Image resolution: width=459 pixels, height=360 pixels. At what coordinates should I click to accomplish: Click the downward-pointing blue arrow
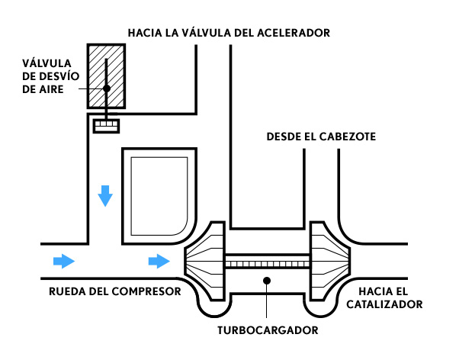click(105, 196)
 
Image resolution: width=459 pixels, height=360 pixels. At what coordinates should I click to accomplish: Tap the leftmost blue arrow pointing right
click(64, 261)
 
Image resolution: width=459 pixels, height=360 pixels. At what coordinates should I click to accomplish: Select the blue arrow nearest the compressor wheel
click(159, 261)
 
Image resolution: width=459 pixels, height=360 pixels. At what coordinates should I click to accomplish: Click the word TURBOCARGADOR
click(268, 330)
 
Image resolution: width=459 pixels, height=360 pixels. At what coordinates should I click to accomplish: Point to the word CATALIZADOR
click(384, 304)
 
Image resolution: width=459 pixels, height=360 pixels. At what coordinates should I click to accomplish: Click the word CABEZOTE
click(347, 137)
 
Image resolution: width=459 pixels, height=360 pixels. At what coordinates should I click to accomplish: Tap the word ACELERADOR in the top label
click(294, 33)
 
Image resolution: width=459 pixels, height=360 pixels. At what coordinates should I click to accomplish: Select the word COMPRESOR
click(146, 291)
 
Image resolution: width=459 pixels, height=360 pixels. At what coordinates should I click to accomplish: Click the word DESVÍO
click(59, 76)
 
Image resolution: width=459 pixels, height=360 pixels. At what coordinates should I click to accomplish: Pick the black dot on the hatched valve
click(107, 88)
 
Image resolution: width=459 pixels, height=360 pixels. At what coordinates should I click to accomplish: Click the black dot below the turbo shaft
click(267, 281)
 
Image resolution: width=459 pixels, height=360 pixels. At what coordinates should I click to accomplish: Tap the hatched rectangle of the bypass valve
click(106, 76)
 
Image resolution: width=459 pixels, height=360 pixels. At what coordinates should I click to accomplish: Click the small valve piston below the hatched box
click(106, 126)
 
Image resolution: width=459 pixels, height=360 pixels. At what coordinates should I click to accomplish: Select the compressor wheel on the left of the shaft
click(205, 261)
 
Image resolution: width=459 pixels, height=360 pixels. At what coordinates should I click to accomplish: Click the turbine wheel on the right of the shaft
click(330, 261)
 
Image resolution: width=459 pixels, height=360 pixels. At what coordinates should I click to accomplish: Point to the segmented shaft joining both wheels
click(268, 261)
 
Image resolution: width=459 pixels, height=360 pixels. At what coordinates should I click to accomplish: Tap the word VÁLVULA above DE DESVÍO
click(47, 63)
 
